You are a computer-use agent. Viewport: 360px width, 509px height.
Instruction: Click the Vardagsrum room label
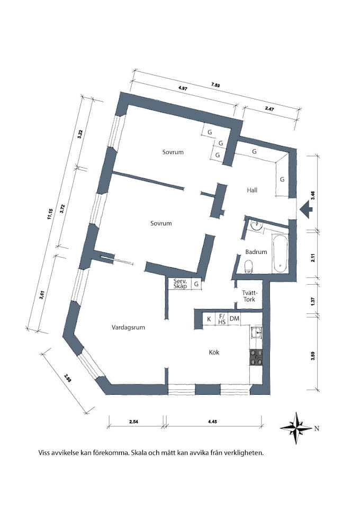128,327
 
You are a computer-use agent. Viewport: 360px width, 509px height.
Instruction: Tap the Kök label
214,352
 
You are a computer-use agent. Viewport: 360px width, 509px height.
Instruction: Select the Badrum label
256,251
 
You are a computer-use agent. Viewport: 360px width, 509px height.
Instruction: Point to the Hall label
252,190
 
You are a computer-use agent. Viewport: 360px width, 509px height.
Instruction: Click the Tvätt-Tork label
249,296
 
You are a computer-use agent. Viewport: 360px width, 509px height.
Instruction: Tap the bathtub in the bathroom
280,254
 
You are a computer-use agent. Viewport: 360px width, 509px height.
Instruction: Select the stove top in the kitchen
257,358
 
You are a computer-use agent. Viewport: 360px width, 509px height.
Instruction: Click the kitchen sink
256,332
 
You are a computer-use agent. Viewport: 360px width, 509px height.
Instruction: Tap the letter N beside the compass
317,429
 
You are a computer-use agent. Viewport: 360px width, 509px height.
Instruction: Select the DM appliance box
234,319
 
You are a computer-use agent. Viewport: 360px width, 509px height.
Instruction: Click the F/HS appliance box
222,319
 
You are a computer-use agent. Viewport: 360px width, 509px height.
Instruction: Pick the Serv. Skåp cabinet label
179,284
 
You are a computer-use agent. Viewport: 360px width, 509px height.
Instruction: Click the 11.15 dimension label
49,214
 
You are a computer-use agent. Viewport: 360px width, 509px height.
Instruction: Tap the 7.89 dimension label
215,85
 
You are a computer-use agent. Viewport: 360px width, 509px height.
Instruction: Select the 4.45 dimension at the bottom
212,422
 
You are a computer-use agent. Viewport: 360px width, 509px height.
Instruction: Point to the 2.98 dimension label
68,378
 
